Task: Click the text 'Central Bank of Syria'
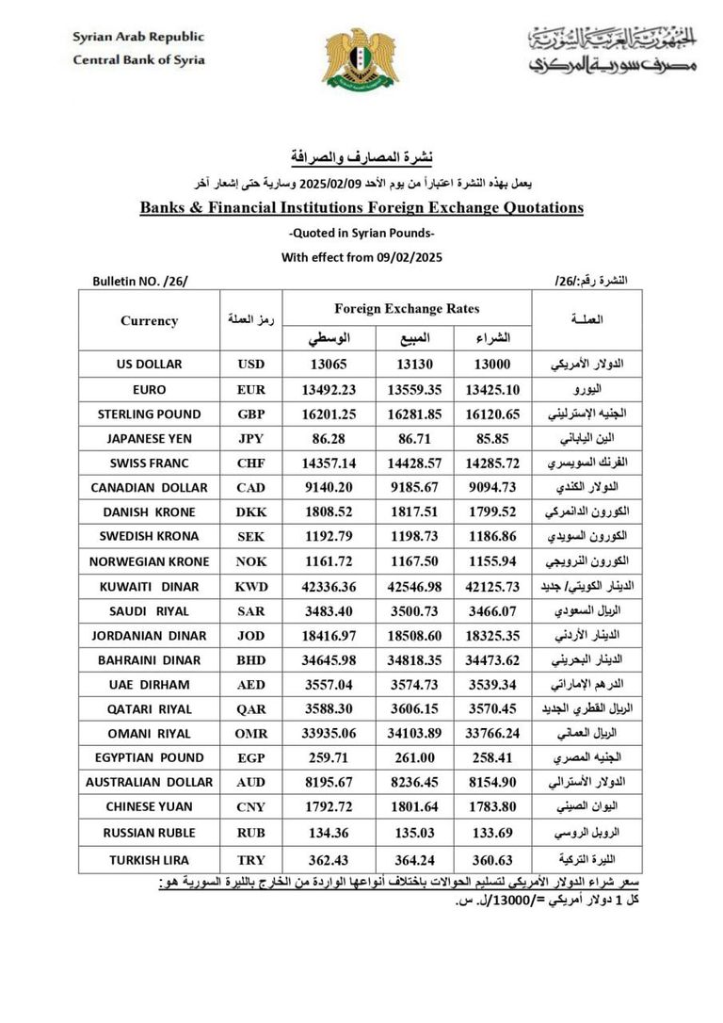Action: coord(138,59)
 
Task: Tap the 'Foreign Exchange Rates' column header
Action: coord(407,308)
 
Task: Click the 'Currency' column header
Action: coord(149,321)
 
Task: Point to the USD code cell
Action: coord(250,364)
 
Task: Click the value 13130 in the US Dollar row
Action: coord(415,365)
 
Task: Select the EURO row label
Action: coord(149,389)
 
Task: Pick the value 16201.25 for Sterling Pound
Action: coord(328,414)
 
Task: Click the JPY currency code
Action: coord(250,438)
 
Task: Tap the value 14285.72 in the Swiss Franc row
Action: coord(493,463)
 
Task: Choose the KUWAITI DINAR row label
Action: coord(149,586)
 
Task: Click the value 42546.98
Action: coord(415,586)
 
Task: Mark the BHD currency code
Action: coord(250,659)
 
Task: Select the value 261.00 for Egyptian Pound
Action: coord(415,758)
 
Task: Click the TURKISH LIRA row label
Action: coord(149,860)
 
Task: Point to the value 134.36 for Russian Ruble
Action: coord(328,833)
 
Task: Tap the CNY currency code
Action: coord(250,807)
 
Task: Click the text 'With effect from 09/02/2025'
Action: coord(361,256)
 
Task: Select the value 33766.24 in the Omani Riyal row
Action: coord(493,734)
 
